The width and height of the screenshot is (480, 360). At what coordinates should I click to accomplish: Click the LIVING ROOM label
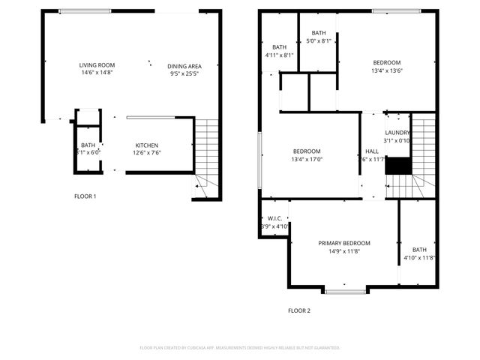[x=96, y=65]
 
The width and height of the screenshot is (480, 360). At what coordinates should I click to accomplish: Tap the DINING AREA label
[x=184, y=66]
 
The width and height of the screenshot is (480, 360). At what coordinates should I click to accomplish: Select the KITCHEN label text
[x=146, y=145]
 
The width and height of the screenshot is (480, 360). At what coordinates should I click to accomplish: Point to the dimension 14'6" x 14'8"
[x=96, y=73]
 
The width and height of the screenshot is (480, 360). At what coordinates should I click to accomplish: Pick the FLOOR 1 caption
[x=85, y=196]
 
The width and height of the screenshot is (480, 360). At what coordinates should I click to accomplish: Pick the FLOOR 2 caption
[x=298, y=310]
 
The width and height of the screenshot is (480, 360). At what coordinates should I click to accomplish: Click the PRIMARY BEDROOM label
[x=344, y=243]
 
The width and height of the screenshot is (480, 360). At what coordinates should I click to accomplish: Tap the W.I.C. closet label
[x=274, y=218]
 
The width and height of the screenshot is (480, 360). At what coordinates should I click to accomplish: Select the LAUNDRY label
[x=397, y=132]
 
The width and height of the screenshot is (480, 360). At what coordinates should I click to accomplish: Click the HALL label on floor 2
[x=372, y=151]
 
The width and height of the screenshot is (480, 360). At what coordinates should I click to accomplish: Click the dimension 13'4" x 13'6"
[x=387, y=70]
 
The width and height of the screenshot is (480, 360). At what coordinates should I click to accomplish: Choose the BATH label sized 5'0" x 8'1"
[x=319, y=33]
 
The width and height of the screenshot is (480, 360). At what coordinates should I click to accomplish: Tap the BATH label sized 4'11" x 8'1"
[x=280, y=46]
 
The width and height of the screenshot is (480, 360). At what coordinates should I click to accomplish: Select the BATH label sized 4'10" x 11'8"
[x=418, y=250]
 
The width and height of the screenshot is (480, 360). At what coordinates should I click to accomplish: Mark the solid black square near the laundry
[x=398, y=166]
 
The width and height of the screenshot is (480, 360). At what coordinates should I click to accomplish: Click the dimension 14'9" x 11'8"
[x=344, y=251]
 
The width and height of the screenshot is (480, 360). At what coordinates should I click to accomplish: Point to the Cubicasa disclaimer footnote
[x=240, y=348]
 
